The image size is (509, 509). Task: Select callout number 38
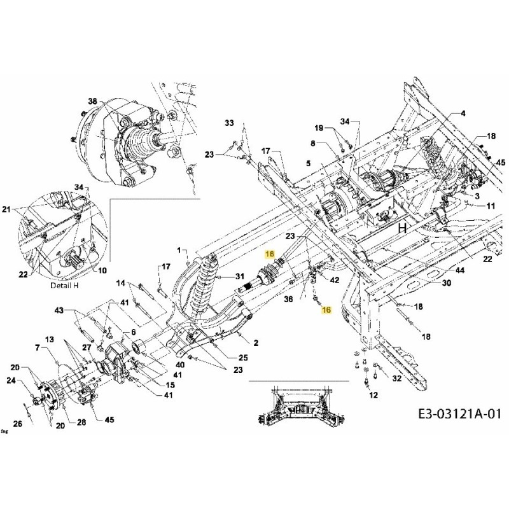pyautogui.click(x=93, y=101)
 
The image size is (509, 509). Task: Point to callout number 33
pyautogui.click(x=229, y=122)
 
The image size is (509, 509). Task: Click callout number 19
pyautogui.click(x=337, y=129)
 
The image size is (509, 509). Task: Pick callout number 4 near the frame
pyautogui.click(x=463, y=113)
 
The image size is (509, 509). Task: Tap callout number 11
pyautogui.click(x=490, y=206)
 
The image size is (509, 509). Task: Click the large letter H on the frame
pyautogui.click(x=402, y=228)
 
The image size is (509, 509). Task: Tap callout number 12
pyautogui.click(x=373, y=395)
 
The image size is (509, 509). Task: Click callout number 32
pyautogui.click(x=396, y=378)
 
